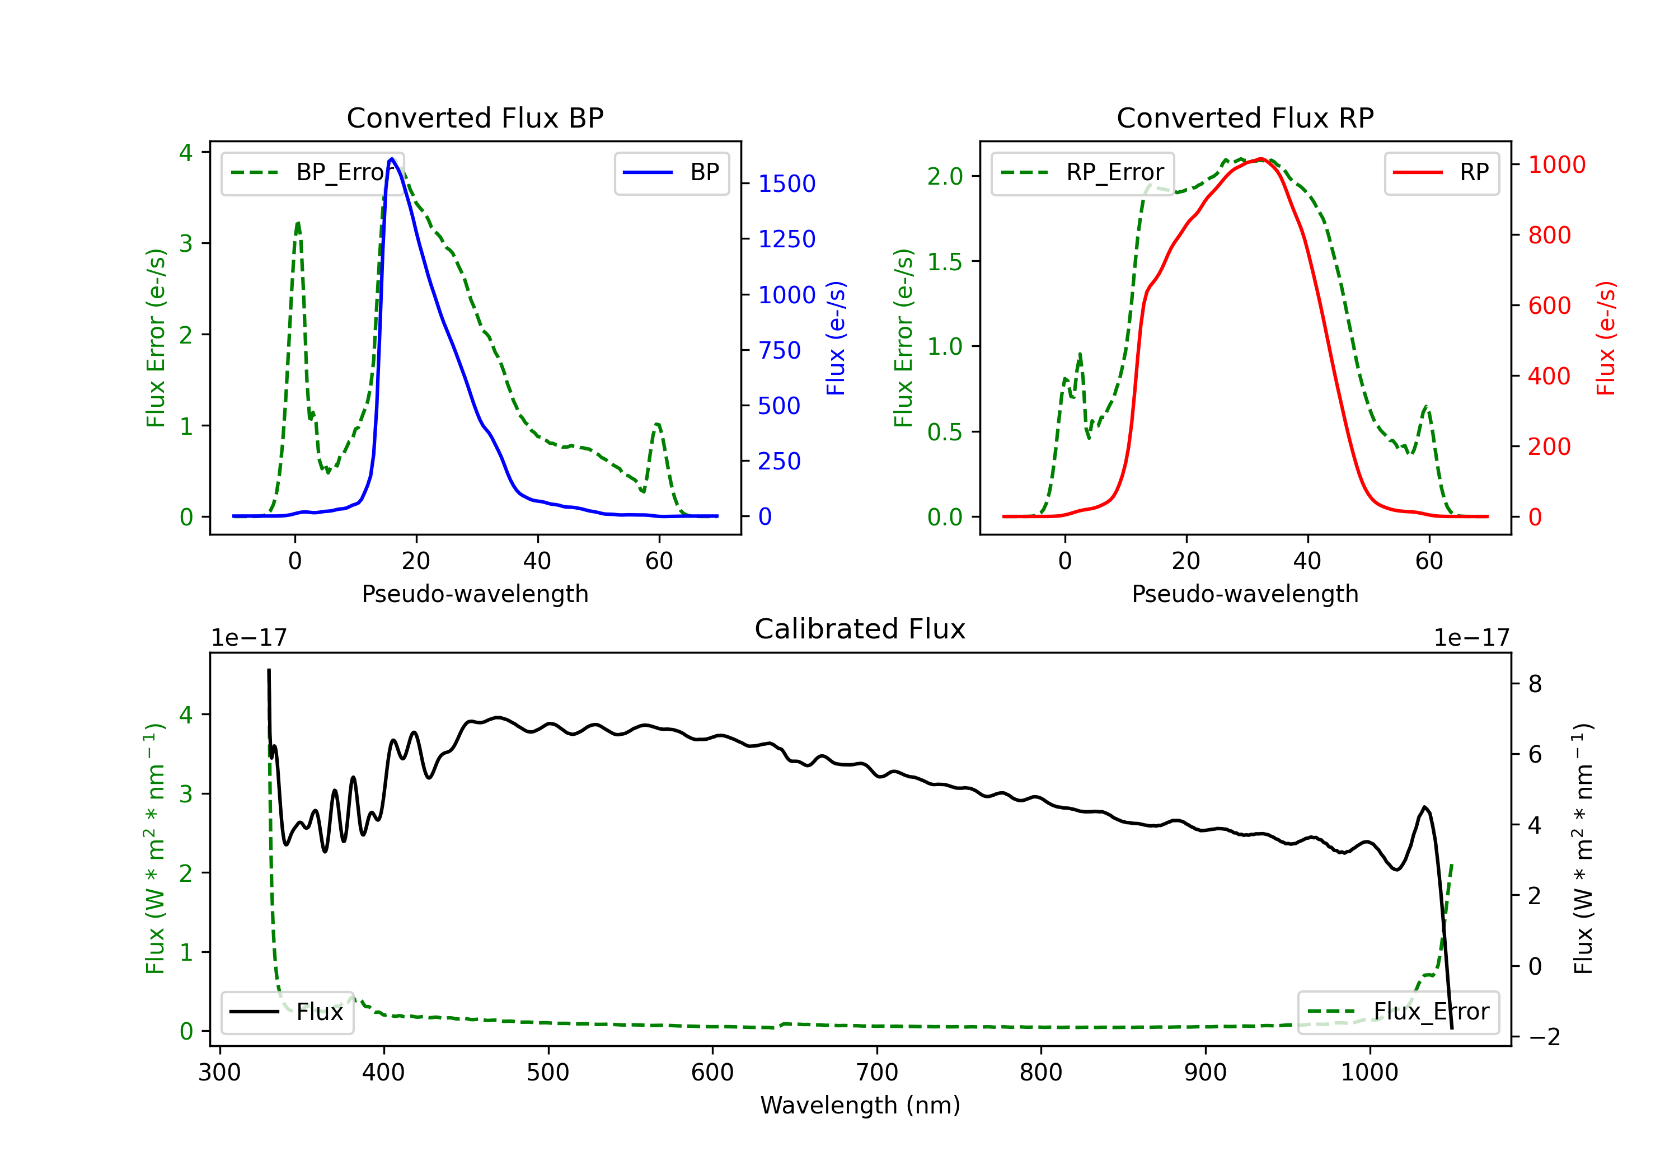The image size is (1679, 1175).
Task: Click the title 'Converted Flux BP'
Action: [x=475, y=117]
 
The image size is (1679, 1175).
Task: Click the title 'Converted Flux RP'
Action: [x=1245, y=117]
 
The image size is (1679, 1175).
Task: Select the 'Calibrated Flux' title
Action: [x=860, y=629]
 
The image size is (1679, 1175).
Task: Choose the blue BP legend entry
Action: [x=671, y=172]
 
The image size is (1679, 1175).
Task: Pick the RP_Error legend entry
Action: [x=1082, y=172]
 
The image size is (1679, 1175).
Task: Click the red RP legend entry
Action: [x=1441, y=172]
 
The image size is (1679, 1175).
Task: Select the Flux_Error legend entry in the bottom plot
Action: [x=1398, y=1012]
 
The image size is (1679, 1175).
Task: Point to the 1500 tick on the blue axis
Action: [x=786, y=184]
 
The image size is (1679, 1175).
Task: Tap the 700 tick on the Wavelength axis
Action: [x=877, y=1072]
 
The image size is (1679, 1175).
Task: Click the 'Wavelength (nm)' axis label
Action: [x=860, y=1105]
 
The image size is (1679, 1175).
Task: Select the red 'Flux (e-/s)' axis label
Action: [x=1606, y=338]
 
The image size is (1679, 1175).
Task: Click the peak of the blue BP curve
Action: [x=392, y=159]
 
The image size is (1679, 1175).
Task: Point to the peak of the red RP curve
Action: [x=1261, y=159]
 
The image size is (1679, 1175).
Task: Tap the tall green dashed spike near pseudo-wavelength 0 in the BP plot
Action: [x=298, y=223]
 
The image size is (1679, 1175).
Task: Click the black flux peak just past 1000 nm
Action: [x=1424, y=807]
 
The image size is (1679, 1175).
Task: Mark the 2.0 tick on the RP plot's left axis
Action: [x=945, y=176]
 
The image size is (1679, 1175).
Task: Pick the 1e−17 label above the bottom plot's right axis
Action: [x=1472, y=638]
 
